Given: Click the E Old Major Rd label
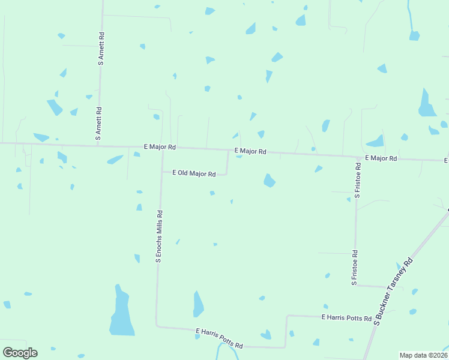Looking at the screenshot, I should (x=194, y=173).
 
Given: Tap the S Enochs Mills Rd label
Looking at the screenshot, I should (x=159, y=236).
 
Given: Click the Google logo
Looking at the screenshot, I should (x=20, y=352).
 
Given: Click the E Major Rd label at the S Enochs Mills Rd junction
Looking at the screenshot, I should (x=159, y=147).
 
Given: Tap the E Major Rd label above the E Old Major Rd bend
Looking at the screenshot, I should (x=250, y=151).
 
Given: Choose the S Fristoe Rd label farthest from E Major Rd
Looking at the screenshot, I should (x=355, y=267).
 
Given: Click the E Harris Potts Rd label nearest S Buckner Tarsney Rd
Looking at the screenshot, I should (x=346, y=317).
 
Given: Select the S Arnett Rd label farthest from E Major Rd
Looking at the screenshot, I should (x=101, y=48).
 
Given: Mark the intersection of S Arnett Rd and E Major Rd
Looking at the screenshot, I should (x=98, y=145).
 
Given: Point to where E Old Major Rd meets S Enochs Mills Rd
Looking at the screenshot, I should (x=161, y=173).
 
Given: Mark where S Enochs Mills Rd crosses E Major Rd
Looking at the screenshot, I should (x=162, y=148).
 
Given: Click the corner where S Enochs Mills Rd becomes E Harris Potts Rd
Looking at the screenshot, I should (x=157, y=326).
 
